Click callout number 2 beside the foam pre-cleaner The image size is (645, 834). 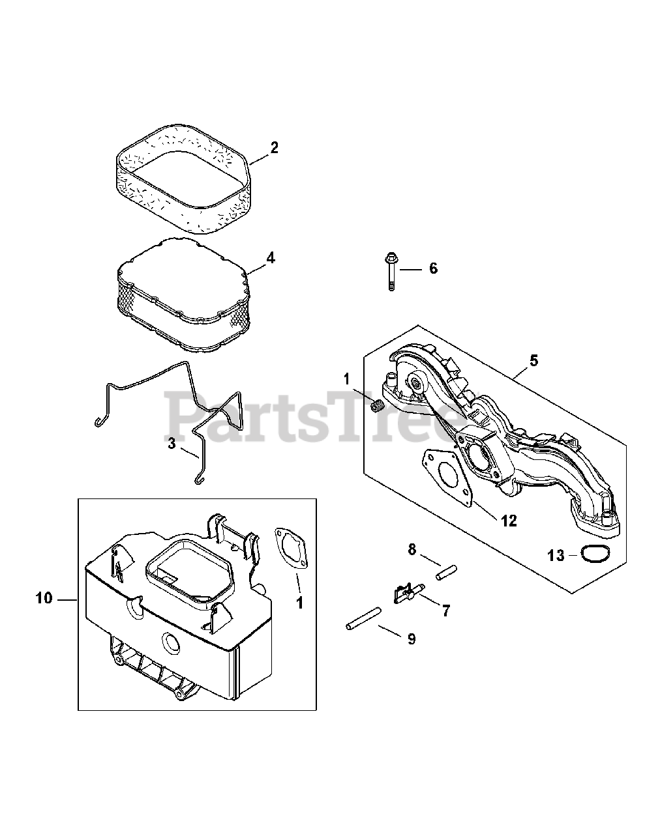point(274,148)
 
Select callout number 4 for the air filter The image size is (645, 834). point(270,258)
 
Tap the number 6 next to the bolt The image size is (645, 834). point(433,268)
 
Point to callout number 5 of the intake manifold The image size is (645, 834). point(533,360)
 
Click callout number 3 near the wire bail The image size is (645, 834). point(172,444)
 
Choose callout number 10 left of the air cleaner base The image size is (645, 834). point(44,598)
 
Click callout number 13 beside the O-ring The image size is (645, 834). point(556,555)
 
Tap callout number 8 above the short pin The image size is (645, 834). point(411,551)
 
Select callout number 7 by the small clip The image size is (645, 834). point(445,611)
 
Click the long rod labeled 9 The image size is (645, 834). point(363,619)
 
